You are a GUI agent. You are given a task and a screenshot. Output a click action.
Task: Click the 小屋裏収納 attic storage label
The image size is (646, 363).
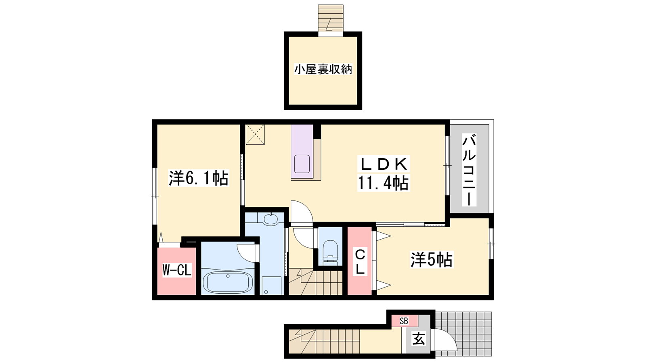click(x=323, y=70)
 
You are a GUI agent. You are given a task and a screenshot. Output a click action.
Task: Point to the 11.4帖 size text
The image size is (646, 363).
click(x=384, y=183)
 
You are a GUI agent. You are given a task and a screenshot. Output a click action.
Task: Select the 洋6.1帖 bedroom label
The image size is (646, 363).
click(x=199, y=178)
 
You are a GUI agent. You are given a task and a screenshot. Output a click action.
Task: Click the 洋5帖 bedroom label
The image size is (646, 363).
click(x=432, y=260)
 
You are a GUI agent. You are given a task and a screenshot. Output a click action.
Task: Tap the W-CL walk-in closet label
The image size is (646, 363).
click(x=177, y=270)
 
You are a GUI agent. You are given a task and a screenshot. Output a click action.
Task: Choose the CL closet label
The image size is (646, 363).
click(x=360, y=263)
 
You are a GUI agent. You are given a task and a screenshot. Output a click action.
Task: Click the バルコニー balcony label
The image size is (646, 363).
click(x=469, y=170)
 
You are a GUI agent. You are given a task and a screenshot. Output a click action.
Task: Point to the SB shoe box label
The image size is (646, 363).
click(x=404, y=321)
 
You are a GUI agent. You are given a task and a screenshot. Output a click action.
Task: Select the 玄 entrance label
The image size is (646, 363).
click(x=418, y=338)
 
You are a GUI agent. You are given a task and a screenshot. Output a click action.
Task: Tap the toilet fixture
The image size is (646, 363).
click(x=330, y=252)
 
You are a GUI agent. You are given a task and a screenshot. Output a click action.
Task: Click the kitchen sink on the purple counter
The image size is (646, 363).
click(x=302, y=164)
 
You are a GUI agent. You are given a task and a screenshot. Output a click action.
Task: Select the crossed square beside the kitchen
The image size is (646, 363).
click(x=255, y=135)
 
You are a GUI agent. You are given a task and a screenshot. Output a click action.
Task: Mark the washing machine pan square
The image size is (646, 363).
click(x=272, y=286)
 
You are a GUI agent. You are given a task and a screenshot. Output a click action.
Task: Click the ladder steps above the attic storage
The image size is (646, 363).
click(x=331, y=18)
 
